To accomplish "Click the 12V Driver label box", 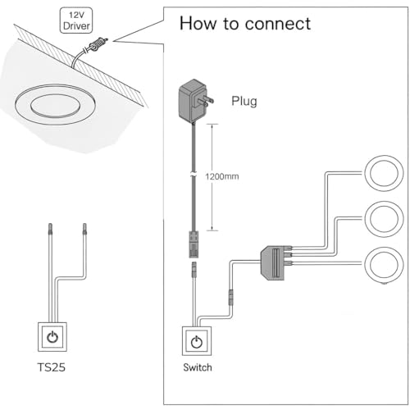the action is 76,20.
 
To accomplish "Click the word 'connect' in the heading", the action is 278,24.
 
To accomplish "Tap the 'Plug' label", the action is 244,101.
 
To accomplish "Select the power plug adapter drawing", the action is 195,100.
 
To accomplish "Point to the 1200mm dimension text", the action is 222,176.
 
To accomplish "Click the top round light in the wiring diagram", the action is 384,173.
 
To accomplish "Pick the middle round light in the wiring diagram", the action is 384,219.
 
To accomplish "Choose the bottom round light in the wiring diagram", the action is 384,265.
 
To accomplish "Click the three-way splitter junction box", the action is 276,262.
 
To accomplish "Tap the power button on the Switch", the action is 197,341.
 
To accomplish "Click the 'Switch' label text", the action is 198,367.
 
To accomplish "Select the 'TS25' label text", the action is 52,367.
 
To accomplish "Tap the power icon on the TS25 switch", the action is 52,337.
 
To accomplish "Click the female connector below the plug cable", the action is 194,244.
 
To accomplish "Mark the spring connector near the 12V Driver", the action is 98,45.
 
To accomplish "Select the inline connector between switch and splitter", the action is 231,298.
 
